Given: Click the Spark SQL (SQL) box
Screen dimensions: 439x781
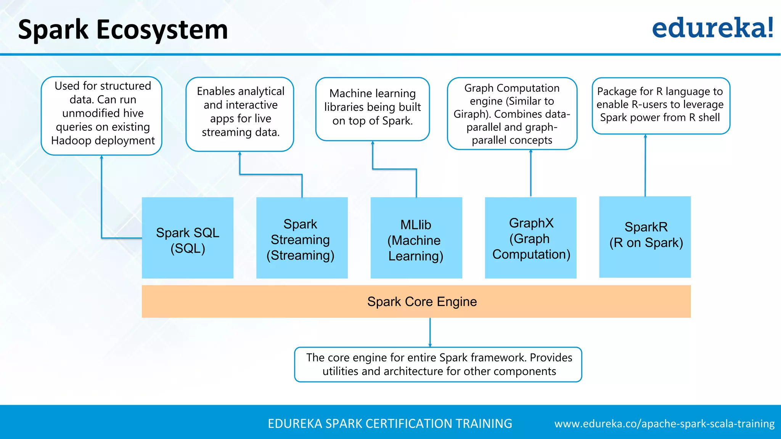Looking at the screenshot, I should tap(187, 238).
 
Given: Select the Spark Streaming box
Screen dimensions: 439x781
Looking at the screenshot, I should tap(302, 238).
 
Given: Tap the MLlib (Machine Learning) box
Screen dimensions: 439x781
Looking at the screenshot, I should tap(416, 238).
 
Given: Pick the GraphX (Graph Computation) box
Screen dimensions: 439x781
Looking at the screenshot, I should tap(530, 238).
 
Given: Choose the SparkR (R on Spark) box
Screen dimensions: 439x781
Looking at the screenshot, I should tap(645, 237).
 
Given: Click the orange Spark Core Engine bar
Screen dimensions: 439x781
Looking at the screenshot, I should tap(416, 301).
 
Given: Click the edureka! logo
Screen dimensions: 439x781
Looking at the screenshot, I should tap(712, 29).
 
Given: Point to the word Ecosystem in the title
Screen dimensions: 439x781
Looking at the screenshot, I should tap(162, 30).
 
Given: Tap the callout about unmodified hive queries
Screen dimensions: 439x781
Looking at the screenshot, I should tap(101, 116).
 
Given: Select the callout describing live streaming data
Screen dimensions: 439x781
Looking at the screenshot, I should tap(240, 114).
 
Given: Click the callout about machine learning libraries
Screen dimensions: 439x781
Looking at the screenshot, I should tap(373, 109).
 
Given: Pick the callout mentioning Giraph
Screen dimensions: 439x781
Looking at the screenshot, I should tap(512, 114).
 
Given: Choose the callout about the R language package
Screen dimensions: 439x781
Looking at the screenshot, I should tap(660, 106).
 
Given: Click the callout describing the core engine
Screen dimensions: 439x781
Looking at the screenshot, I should tap(438, 364).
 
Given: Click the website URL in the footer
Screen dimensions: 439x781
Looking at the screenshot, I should tap(664, 424).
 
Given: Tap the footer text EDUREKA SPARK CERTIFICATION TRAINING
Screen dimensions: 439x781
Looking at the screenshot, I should tap(390, 424).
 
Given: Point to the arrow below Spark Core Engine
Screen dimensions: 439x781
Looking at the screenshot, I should tap(430, 332).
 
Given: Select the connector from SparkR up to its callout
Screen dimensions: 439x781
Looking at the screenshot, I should tap(645, 165).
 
